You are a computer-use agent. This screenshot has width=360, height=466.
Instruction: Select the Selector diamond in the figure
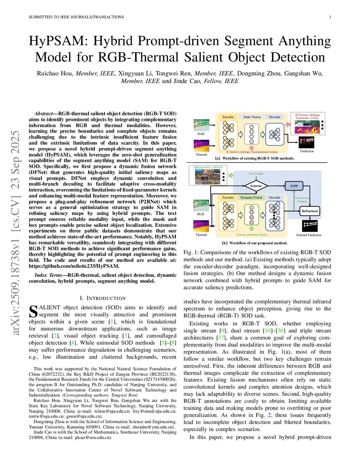[x=256, y=186]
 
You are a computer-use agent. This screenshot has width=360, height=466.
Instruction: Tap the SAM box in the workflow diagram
[x=294, y=186]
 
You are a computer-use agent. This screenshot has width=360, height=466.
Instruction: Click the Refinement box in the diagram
[x=310, y=211]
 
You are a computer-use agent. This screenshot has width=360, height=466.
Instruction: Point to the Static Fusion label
[x=252, y=117]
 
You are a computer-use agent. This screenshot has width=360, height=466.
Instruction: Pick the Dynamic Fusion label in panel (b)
[x=251, y=198]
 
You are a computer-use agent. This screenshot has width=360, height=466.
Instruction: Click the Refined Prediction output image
[x=309, y=225]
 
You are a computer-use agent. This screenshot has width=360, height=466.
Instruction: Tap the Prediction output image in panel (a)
[x=307, y=142]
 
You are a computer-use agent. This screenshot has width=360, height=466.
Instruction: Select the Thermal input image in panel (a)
[x=201, y=146]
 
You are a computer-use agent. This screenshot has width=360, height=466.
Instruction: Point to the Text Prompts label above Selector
[x=256, y=174]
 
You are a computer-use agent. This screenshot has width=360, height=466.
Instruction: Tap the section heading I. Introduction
[x=103, y=298]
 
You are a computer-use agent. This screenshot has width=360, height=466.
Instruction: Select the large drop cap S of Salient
[x=33, y=312]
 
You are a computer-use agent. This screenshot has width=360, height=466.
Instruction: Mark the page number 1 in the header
[x=330, y=17]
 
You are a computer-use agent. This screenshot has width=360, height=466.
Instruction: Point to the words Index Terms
[x=48, y=275]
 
